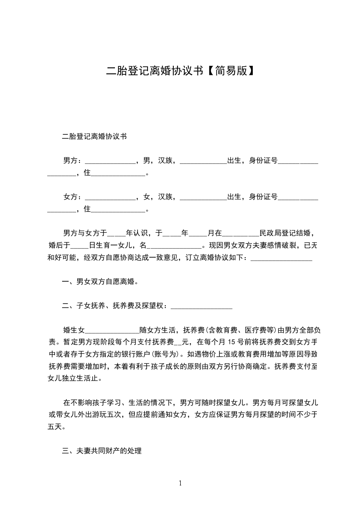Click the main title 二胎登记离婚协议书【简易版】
click(x=180, y=71)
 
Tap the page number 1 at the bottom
click(x=180, y=483)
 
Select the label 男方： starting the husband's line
click(x=73, y=160)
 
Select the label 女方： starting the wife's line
click(x=73, y=197)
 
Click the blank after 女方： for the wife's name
click(x=110, y=198)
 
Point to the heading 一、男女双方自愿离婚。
click(x=100, y=282)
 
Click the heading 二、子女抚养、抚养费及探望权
click(x=115, y=306)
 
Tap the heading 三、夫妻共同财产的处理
click(x=102, y=451)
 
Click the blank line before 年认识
click(x=116, y=234)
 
